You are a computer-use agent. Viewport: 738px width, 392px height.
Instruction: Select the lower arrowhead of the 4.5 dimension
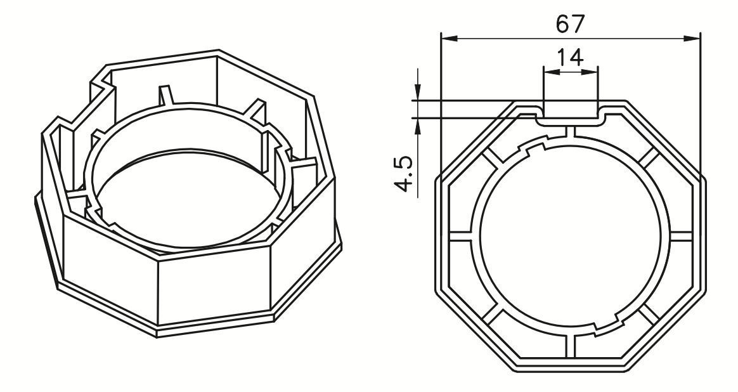[x=417, y=124]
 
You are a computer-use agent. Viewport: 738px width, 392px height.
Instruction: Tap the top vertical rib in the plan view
[x=570, y=131]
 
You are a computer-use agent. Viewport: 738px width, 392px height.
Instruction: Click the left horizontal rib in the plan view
[x=460, y=238]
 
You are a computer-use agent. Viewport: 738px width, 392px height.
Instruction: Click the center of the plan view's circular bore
[x=570, y=238]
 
